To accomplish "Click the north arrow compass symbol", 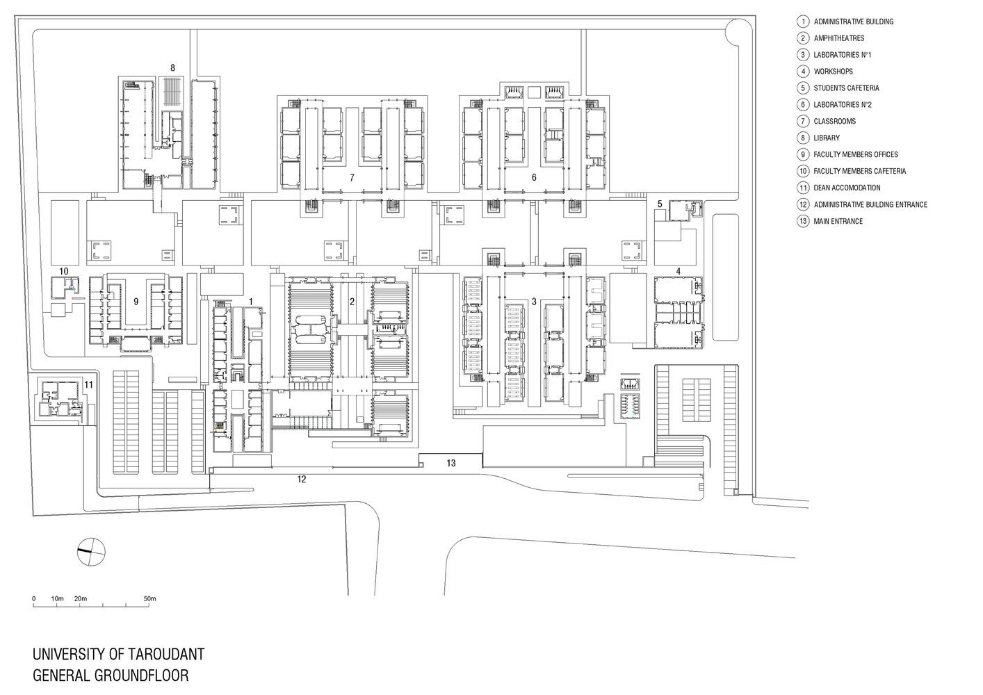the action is coord(91,552).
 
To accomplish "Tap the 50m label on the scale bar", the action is coord(149,598).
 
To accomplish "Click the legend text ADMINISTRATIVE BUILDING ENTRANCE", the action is coord(870,204).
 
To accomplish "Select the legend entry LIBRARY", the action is coord(827,138).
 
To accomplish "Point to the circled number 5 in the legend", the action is coord(803,88).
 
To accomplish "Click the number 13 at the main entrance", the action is coord(451,463).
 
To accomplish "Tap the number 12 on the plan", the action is coord(302,479).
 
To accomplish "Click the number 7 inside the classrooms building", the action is coord(352,178).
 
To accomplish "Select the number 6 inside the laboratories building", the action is coord(534,177).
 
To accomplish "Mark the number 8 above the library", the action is coord(172,68).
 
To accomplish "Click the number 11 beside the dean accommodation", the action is coord(89,385).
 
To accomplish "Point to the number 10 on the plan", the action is coord(64,271).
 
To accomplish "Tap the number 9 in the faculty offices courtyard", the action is coord(136,302).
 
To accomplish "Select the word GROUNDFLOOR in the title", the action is coord(141,676).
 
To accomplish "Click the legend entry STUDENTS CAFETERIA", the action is coord(846,88).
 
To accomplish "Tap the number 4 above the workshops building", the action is coord(678,272).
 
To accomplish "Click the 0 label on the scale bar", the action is coord(34,598).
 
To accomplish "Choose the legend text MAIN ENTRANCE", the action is coord(838,221).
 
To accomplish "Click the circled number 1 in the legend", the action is coord(803,22).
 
